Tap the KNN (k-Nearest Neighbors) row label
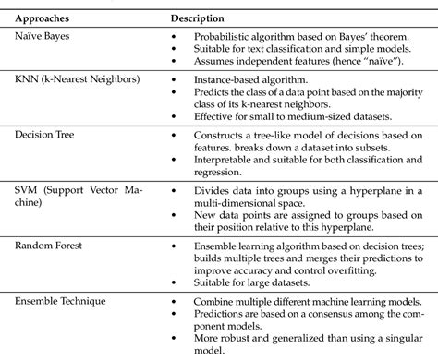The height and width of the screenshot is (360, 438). [77, 79]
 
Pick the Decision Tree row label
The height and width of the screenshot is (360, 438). [44, 135]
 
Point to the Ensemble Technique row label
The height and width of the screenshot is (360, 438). [61, 301]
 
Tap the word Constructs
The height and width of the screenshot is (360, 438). [221, 136]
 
